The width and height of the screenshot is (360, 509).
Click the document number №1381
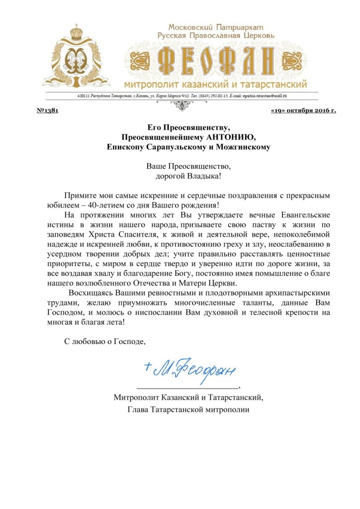point(48,110)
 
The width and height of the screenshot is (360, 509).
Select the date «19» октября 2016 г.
point(303,110)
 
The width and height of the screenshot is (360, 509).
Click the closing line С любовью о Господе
point(105,341)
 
